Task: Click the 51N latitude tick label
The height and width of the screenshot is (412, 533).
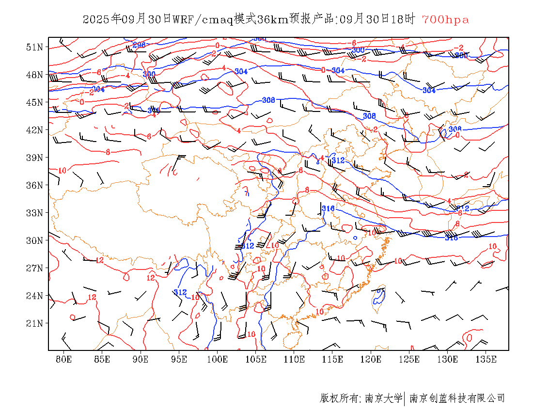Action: (34, 47)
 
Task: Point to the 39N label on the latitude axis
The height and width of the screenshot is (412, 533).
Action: (34, 158)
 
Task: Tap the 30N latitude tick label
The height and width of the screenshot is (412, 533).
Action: (34, 240)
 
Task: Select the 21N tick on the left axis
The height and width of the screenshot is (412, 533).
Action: (34, 323)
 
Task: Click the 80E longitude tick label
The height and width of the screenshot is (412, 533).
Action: (63, 359)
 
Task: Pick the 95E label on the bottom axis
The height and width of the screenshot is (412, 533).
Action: (179, 359)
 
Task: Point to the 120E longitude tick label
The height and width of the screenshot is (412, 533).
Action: (371, 359)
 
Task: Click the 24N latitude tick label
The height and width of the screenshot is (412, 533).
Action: (34, 296)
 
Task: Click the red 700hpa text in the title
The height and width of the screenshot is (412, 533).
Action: (445, 19)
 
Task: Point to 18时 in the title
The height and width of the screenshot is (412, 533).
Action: (404, 19)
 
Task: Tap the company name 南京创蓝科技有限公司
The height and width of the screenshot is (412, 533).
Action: (457, 398)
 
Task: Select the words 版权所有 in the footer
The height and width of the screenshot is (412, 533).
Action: (339, 398)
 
